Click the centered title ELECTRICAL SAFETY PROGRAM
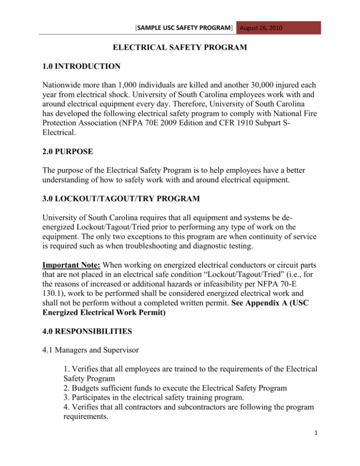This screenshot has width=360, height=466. pos(180,47)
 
